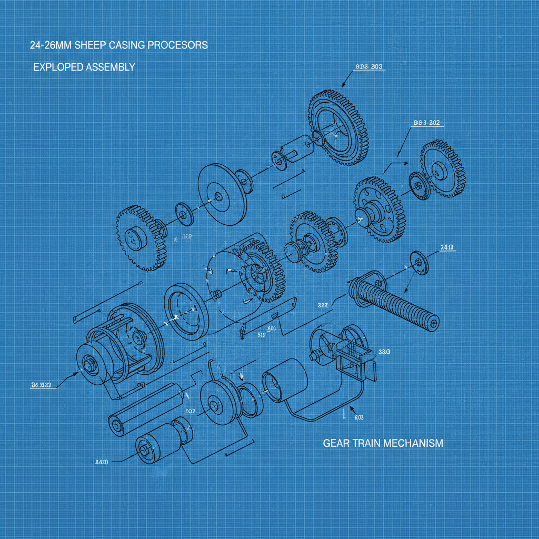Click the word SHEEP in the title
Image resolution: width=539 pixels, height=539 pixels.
click(x=91, y=45)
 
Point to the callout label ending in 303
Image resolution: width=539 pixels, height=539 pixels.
click(x=368, y=67)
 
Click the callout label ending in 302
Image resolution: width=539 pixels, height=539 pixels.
click(x=426, y=123)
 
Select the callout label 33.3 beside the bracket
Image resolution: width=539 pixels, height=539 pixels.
click(x=384, y=352)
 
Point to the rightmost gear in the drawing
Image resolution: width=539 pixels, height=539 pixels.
click(x=442, y=168)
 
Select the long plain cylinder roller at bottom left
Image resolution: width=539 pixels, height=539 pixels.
click(x=148, y=409)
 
